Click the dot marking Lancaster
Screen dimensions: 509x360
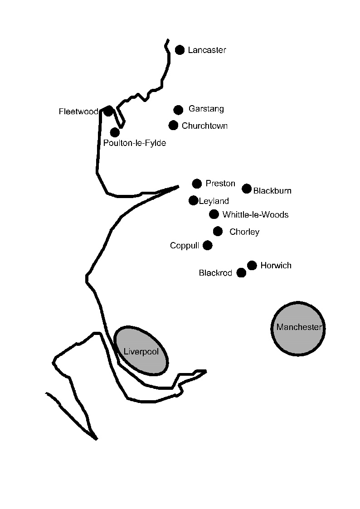(180, 50)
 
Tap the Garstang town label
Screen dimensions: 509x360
(206, 109)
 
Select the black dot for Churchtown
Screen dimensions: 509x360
(173, 125)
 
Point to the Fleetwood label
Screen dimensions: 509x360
(78, 111)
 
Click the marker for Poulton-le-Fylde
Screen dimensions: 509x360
(115, 132)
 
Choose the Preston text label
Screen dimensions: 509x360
(220, 184)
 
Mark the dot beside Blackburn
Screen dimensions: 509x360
(247, 189)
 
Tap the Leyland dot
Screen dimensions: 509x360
(193, 200)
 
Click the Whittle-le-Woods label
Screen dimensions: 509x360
(255, 215)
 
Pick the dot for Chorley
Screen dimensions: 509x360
(218, 231)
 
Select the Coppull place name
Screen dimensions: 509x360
(185, 246)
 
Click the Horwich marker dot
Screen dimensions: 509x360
(252, 265)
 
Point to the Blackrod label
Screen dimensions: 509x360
(215, 273)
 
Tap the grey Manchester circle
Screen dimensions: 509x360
(298, 328)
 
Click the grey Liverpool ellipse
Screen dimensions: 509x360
(141, 351)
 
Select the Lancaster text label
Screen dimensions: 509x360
(207, 50)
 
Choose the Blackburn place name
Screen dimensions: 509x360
(272, 191)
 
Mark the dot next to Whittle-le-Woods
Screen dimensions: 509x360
(214, 214)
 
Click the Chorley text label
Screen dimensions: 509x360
(244, 232)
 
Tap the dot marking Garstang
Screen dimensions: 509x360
(178, 110)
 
